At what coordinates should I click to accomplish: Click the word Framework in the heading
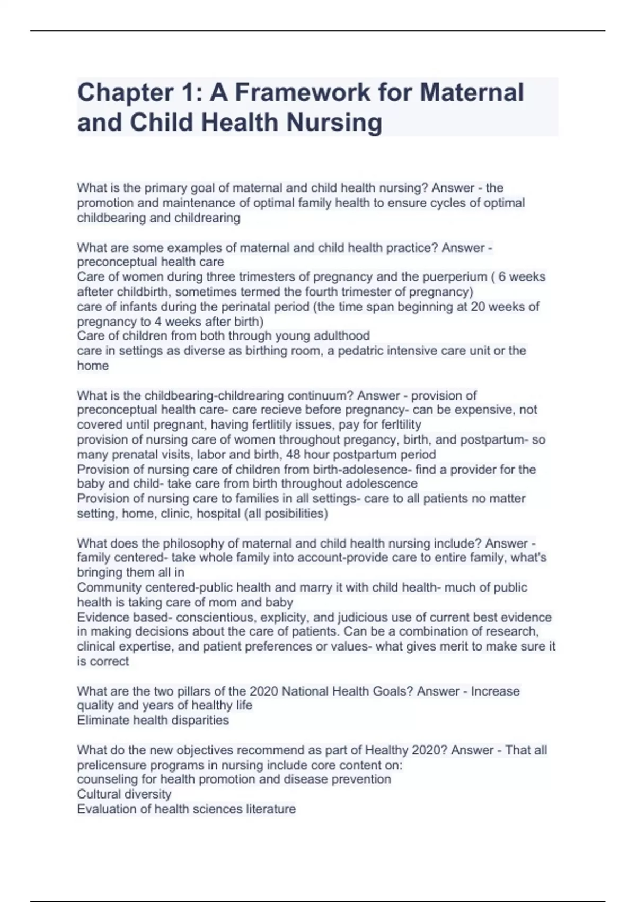[x=302, y=92]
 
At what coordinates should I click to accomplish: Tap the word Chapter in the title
[x=116, y=92]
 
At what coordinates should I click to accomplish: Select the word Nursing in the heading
[x=334, y=123]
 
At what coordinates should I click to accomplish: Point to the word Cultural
[x=99, y=794]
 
